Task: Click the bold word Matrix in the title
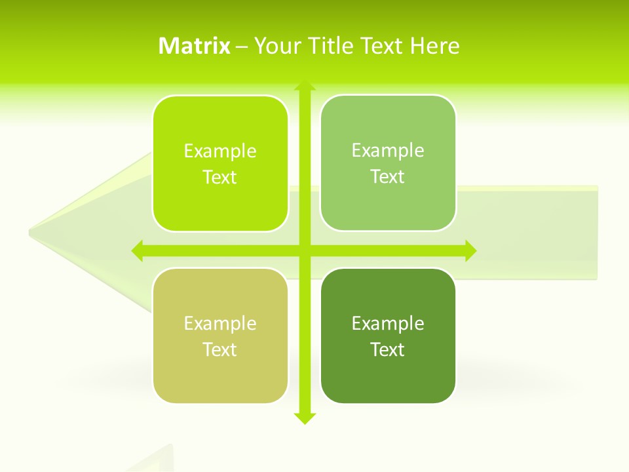pos(194,46)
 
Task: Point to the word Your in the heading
pos(275,46)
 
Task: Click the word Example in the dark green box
pos(388,323)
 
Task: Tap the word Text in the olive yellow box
pos(220,349)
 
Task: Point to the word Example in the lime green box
pos(220,151)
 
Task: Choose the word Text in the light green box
pos(388,176)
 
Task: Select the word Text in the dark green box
pos(388,349)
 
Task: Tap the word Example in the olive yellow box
pos(220,323)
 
